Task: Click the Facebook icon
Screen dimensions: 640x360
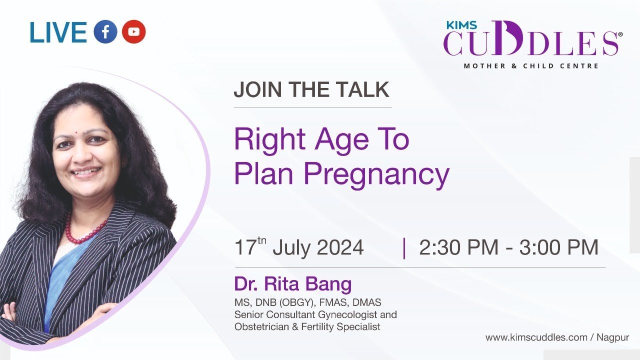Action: (x=105, y=31)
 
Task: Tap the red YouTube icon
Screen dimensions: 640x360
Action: (x=133, y=31)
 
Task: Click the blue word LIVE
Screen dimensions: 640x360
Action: (x=58, y=32)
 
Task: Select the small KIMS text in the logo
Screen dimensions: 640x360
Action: (x=461, y=25)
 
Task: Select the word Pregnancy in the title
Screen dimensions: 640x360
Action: (x=376, y=174)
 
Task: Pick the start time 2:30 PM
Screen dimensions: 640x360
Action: (x=458, y=247)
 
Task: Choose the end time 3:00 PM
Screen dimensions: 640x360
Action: (x=559, y=247)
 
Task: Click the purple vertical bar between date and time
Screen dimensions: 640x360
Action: (x=404, y=248)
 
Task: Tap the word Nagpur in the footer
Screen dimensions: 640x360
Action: (x=613, y=337)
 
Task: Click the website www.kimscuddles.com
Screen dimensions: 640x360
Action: (x=536, y=337)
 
